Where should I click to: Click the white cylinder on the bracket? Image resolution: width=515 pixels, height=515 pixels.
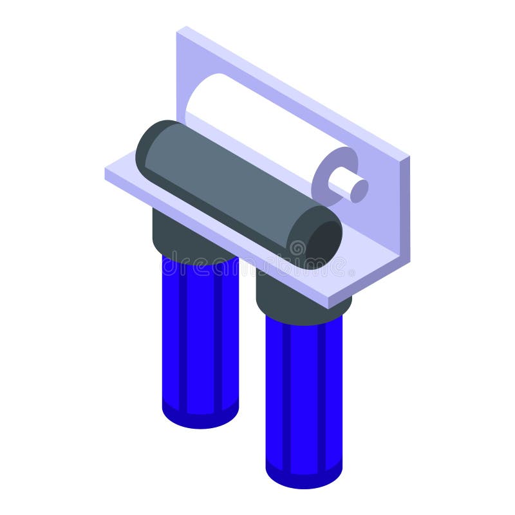point(257,122)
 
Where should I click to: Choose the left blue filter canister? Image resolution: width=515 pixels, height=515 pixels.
point(200,335)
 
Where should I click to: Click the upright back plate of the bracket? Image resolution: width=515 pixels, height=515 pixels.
point(290,97)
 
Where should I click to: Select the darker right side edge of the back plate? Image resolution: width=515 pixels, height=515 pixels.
point(404,212)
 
